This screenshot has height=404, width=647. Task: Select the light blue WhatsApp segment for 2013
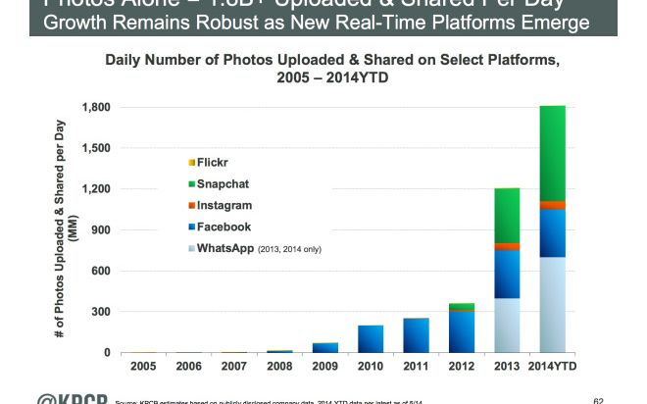(x=507, y=325)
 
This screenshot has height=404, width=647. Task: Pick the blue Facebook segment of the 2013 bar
(x=507, y=274)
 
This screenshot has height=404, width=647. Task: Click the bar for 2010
(x=371, y=338)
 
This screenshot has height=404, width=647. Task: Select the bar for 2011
(x=416, y=335)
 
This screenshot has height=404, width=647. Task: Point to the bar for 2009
(x=325, y=347)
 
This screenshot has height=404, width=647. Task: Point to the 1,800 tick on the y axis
(x=95, y=107)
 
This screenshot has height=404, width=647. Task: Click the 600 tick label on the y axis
(x=101, y=271)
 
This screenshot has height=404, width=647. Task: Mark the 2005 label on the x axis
(x=144, y=367)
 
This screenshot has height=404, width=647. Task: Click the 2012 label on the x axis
(x=461, y=367)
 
